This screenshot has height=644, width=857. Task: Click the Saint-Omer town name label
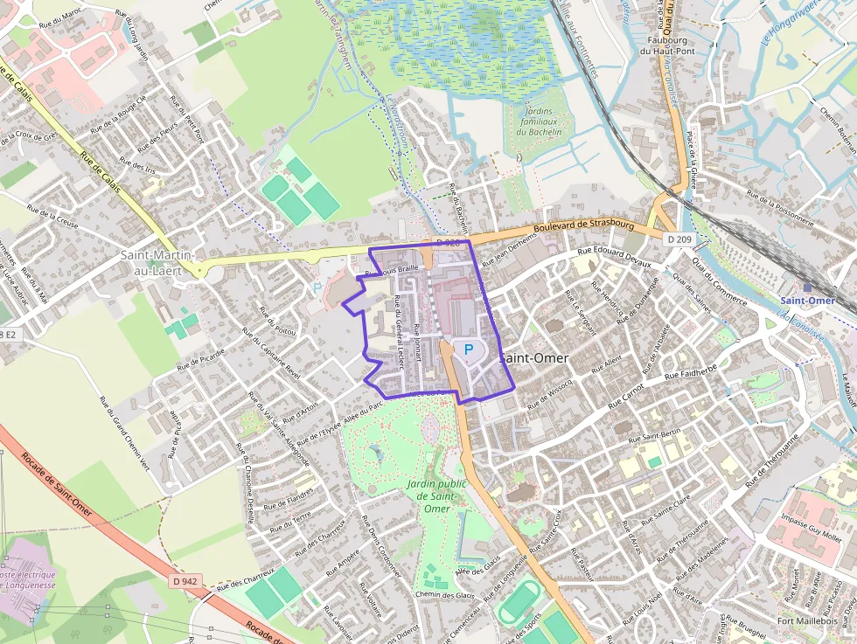pos(534,358)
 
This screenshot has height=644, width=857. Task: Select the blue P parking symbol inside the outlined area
pos(468,350)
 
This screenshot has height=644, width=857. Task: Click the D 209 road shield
pos(678,239)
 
